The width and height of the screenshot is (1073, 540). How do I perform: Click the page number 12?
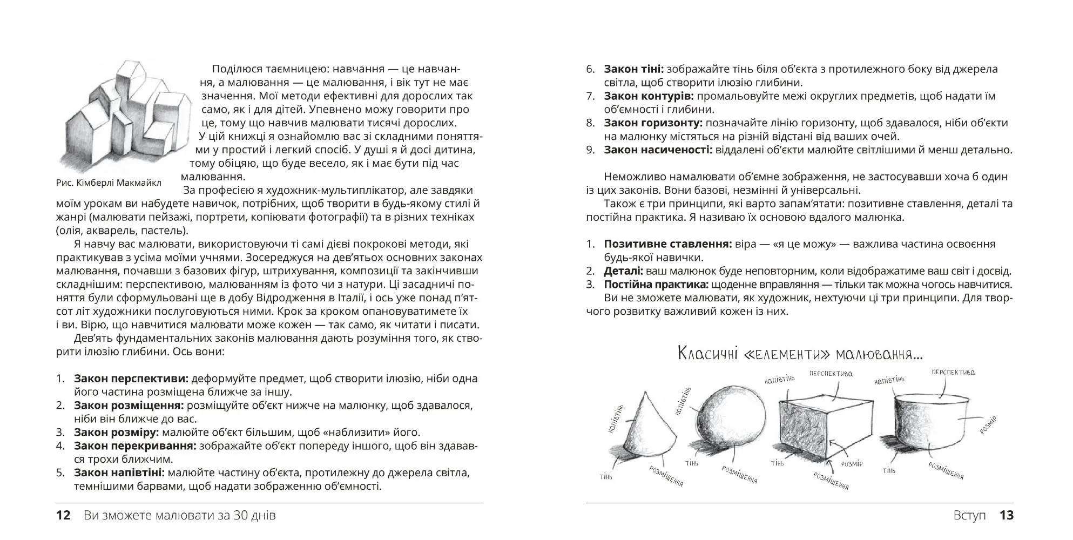click(x=64, y=515)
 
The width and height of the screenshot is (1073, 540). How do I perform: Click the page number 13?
click(x=1007, y=515)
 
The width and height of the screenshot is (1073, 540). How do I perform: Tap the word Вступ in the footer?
click(x=969, y=515)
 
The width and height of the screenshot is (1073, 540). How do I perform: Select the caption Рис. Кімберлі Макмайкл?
click(x=109, y=183)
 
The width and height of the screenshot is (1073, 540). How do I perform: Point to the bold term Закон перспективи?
click(x=131, y=379)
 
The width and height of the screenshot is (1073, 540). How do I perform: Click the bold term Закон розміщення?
click(x=129, y=406)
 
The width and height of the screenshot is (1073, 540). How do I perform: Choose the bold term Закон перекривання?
click(x=135, y=446)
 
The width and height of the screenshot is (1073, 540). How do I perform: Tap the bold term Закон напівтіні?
click(x=119, y=473)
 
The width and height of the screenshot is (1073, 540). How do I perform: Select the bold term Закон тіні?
click(x=634, y=69)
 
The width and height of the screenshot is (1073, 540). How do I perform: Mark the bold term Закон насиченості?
click(x=658, y=150)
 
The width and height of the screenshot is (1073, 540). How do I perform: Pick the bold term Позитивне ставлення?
click(x=668, y=244)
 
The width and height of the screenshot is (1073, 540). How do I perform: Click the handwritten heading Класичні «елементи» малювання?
click(x=800, y=355)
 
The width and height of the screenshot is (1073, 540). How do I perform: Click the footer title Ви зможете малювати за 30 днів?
click(x=180, y=515)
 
